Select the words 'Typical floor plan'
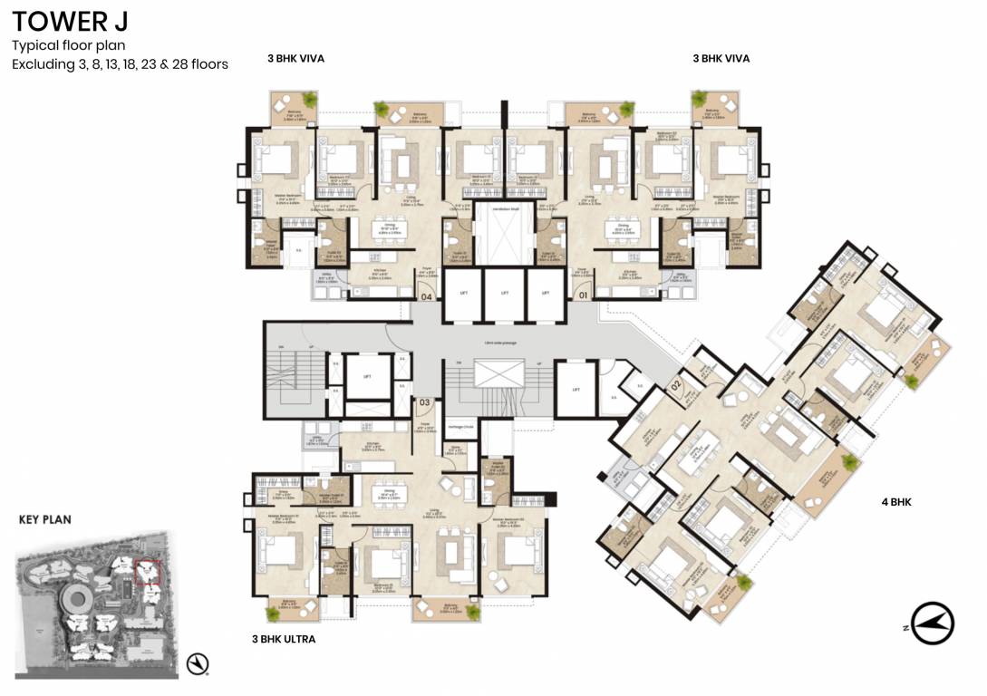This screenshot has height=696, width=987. point(68,45)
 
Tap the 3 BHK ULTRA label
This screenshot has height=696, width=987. point(284,639)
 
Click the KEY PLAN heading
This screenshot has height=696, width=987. point(44,520)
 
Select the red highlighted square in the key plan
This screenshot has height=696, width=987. point(145,571)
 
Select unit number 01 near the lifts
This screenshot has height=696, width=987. point(583,295)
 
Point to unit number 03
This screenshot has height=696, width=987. point(424,401)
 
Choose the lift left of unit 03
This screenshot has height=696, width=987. point(367,377)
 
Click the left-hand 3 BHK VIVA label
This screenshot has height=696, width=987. point(295,59)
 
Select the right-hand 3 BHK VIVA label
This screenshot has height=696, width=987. point(721,59)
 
